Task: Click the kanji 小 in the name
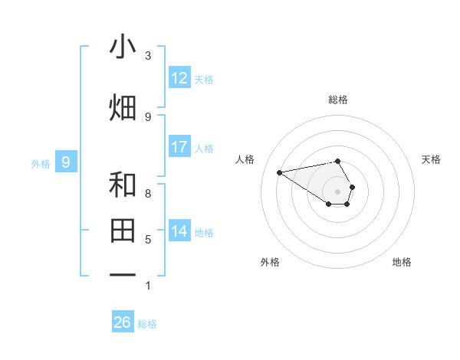click(123, 47)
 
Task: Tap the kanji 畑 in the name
click(123, 106)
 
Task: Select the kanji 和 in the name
click(123, 185)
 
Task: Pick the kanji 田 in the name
click(123, 230)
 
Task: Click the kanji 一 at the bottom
click(123, 273)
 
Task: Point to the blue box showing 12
click(179, 78)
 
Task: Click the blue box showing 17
click(179, 147)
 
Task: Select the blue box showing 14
click(179, 231)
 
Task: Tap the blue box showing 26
click(123, 322)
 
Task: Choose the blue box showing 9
click(66, 162)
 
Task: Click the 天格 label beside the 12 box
click(204, 80)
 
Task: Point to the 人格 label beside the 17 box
click(204, 149)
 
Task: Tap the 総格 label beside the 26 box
click(147, 324)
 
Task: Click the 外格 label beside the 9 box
click(41, 164)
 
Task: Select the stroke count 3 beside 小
click(148, 56)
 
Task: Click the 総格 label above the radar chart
click(338, 100)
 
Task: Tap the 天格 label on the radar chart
click(432, 159)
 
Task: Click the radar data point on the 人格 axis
click(280, 172)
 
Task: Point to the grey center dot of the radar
click(338, 191)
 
